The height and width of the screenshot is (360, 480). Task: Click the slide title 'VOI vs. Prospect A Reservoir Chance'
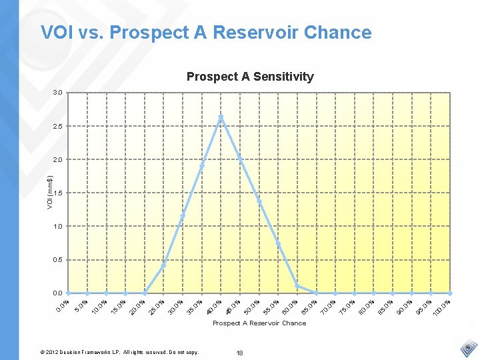(x=206, y=33)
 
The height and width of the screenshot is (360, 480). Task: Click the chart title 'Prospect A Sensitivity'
(x=250, y=77)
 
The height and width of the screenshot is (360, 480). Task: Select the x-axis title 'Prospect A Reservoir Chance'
(x=259, y=323)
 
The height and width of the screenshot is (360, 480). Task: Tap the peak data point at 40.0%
(x=221, y=117)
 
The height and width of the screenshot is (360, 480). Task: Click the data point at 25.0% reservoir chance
(x=163, y=265)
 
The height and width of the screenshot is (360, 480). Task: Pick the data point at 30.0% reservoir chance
(x=183, y=215)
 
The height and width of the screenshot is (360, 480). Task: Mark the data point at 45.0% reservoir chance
(x=240, y=159)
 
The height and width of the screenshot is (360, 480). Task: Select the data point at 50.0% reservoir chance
(x=259, y=201)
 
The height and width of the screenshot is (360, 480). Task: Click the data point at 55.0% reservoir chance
(x=278, y=243)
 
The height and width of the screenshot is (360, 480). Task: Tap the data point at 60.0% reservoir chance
(x=297, y=286)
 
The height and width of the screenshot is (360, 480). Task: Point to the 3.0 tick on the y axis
(x=58, y=93)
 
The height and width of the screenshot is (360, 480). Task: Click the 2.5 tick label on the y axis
(x=58, y=126)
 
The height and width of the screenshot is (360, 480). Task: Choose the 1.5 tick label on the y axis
(x=58, y=193)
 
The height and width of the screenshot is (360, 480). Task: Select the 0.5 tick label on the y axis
(x=58, y=259)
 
